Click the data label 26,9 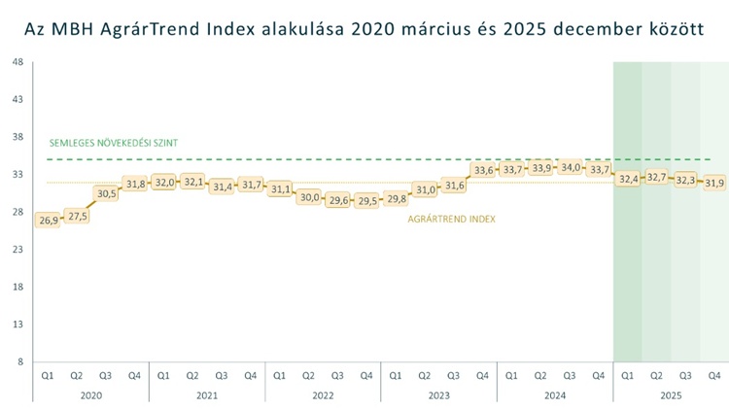(48, 221)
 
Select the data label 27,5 (77, 217)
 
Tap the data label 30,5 (106, 193)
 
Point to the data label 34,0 (571, 167)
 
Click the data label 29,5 (367, 201)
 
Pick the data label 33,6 (483, 170)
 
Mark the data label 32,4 (628, 179)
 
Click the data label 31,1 (280, 188)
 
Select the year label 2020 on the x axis (90, 395)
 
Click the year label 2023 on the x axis (438, 395)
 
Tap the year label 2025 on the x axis (671, 395)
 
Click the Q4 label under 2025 (714, 375)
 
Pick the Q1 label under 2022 (280, 375)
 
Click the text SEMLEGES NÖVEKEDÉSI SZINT (114, 143)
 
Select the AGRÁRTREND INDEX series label (451, 220)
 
